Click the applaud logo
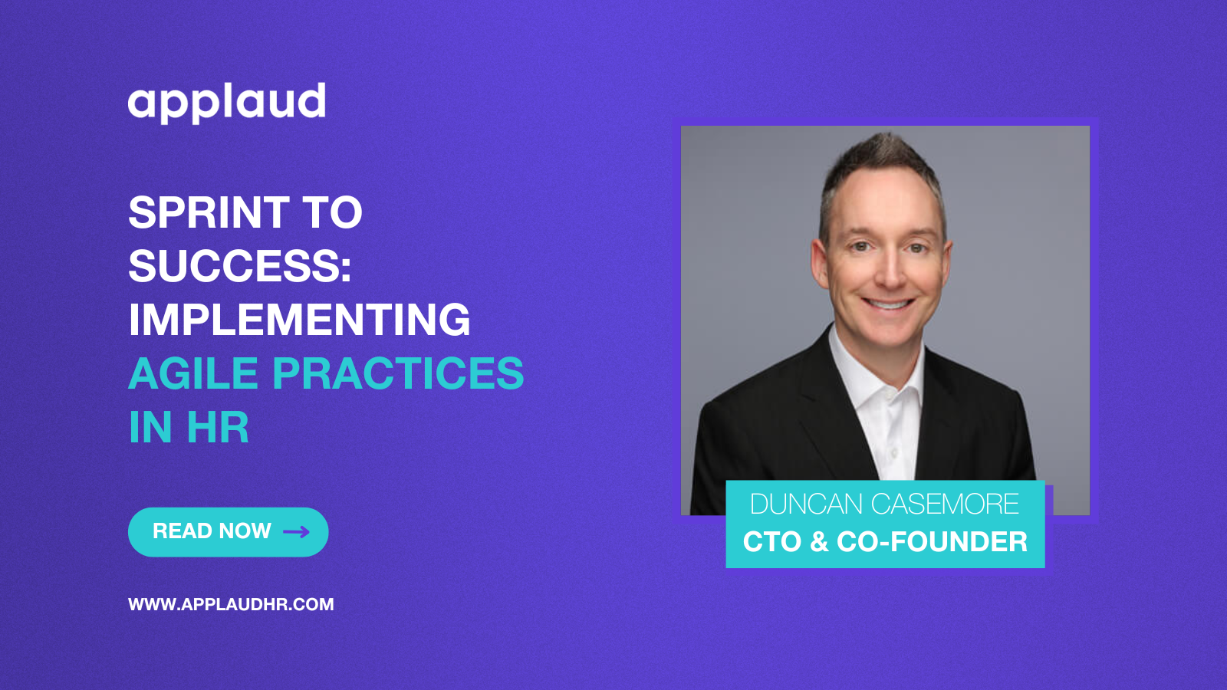tap(227, 103)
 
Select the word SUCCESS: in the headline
tap(240, 266)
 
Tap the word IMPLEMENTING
tap(299, 319)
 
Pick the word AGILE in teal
tap(193, 373)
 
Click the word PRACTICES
tap(398, 373)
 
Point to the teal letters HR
tap(218, 426)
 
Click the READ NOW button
tap(229, 532)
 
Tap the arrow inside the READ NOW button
tap(296, 532)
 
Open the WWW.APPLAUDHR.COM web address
tap(231, 604)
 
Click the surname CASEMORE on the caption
tap(945, 504)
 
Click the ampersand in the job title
tap(818, 541)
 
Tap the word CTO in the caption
tap(771, 541)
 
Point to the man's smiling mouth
tap(888, 304)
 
